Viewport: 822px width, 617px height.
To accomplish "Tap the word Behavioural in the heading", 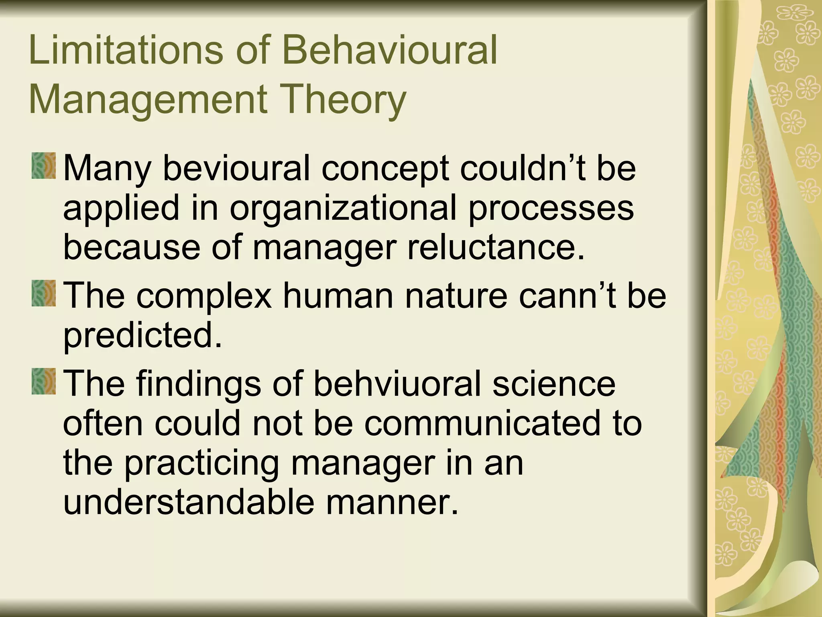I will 390,51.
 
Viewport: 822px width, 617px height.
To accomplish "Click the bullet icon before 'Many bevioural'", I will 44,166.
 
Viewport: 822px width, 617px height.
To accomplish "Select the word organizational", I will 343,209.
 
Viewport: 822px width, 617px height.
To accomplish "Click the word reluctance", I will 496,247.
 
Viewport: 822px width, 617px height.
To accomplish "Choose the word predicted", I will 143,335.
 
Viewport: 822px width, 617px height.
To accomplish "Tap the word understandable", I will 189,502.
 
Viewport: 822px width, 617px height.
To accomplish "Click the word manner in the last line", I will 391,502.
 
